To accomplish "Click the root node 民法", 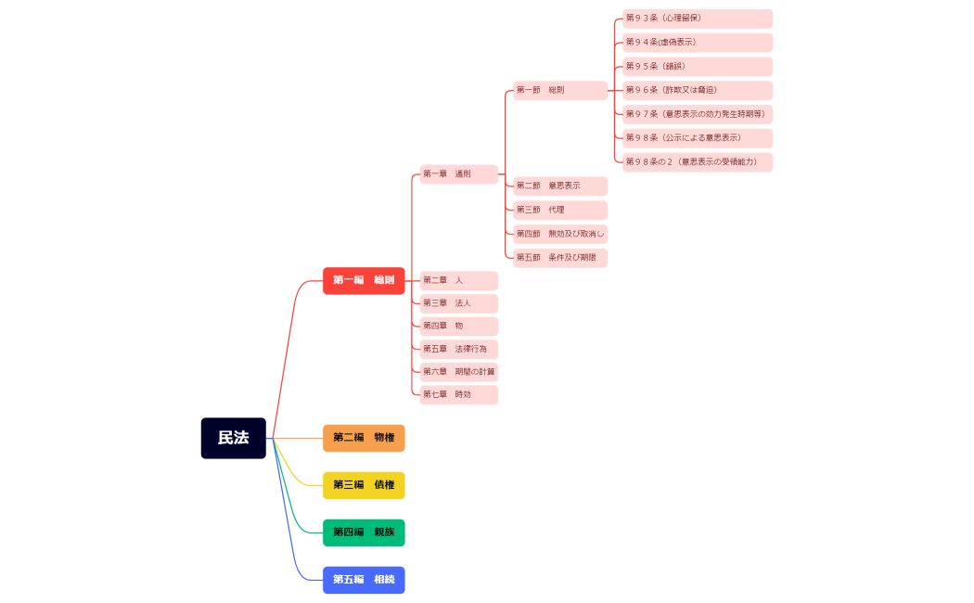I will coord(233,438).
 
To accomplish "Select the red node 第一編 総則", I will coord(364,280).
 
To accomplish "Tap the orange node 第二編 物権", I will coord(364,438).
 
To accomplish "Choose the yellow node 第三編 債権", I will coord(364,485).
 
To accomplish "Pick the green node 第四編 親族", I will coord(364,532).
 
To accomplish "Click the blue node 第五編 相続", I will coord(364,580).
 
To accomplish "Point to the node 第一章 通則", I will coord(458,174).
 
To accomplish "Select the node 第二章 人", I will coord(458,280).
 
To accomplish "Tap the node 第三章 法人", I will coord(458,303).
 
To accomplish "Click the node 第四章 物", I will coord(458,327).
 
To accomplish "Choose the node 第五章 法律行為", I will coord(458,349).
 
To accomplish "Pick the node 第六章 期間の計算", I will coord(458,372).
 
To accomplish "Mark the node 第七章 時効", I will coord(458,394).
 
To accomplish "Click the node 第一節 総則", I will coord(560,90).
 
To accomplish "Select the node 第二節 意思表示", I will coord(560,186).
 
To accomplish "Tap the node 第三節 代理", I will coord(560,210).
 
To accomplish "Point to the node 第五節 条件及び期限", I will coord(560,258).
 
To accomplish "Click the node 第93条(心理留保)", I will coord(698,19).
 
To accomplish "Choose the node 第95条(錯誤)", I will coord(698,67).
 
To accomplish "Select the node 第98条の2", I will coord(698,162).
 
